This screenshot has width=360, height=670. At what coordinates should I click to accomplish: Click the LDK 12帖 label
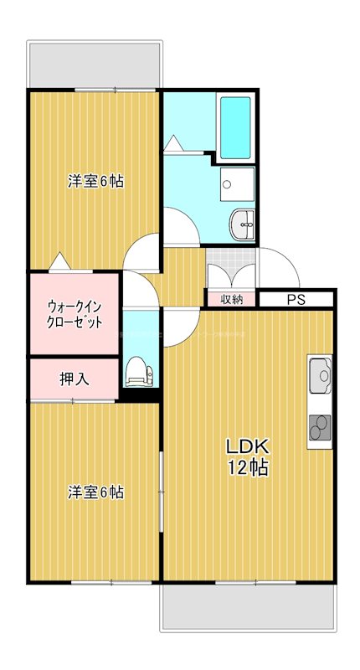click(x=248, y=457)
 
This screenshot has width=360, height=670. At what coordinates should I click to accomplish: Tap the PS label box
click(x=296, y=299)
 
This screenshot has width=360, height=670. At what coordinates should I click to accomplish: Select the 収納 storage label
click(x=232, y=299)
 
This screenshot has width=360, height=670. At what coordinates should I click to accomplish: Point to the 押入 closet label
click(x=74, y=379)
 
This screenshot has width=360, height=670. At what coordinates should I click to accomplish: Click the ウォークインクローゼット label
click(x=75, y=314)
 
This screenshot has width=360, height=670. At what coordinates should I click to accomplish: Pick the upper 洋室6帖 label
click(x=95, y=181)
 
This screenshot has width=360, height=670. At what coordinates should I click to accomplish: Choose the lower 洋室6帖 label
click(x=95, y=492)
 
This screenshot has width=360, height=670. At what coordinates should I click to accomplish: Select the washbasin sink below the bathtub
click(x=242, y=224)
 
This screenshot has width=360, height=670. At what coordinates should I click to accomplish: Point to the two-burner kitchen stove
click(x=321, y=428)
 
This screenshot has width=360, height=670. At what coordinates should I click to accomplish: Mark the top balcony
click(x=94, y=63)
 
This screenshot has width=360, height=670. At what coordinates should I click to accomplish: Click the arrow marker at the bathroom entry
click(x=174, y=144)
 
